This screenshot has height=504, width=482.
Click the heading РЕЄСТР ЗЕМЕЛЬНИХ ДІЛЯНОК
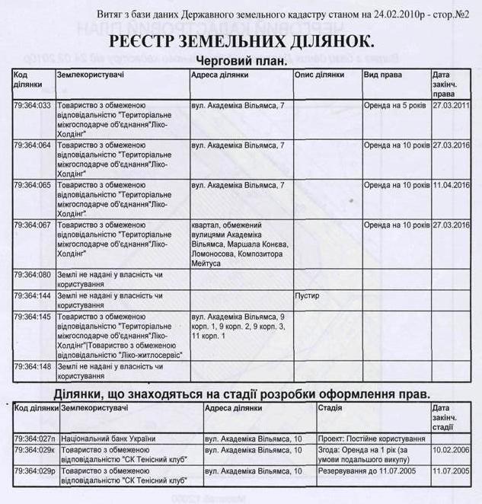click(x=241, y=42)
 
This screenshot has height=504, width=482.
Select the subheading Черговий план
click(x=241, y=61)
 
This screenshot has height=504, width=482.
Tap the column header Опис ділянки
click(x=320, y=75)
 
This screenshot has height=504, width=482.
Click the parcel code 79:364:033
click(x=33, y=104)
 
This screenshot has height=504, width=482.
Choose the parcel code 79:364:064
click(x=33, y=145)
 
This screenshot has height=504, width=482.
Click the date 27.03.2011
click(x=451, y=104)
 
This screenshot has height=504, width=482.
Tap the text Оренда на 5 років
click(x=395, y=104)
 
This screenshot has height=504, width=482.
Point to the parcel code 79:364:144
click(x=33, y=295)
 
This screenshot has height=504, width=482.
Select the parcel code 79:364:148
click(x=33, y=366)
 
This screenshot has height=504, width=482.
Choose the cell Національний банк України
click(x=107, y=439)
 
